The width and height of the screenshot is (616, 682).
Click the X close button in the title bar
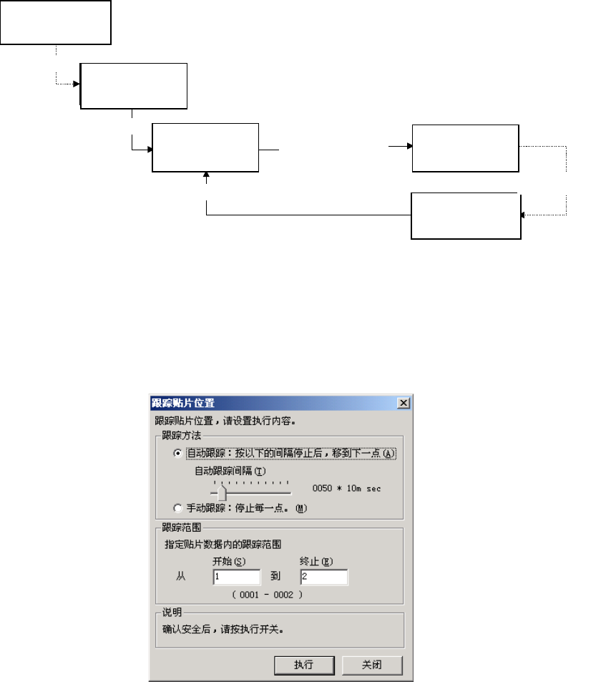click(x=404, y=404)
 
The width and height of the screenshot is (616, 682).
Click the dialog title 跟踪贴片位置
click(x=183, y=404)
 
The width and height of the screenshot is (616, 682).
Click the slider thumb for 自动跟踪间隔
click(x=222, y=493)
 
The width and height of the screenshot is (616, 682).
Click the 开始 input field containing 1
click(x=236, y=576)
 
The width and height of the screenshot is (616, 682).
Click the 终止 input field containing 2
click(x=323, y=576)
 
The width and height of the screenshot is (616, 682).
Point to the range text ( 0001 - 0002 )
click(x=266, y=594)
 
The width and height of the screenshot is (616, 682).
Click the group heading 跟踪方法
click(x=177, y=435)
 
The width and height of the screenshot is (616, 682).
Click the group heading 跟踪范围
click(x=177, y=528)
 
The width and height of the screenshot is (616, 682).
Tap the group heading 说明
click(x=172, y=612)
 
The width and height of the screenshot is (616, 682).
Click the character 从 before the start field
click(x=180, y=576)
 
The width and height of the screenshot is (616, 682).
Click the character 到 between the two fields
click(x=280, y=576)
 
